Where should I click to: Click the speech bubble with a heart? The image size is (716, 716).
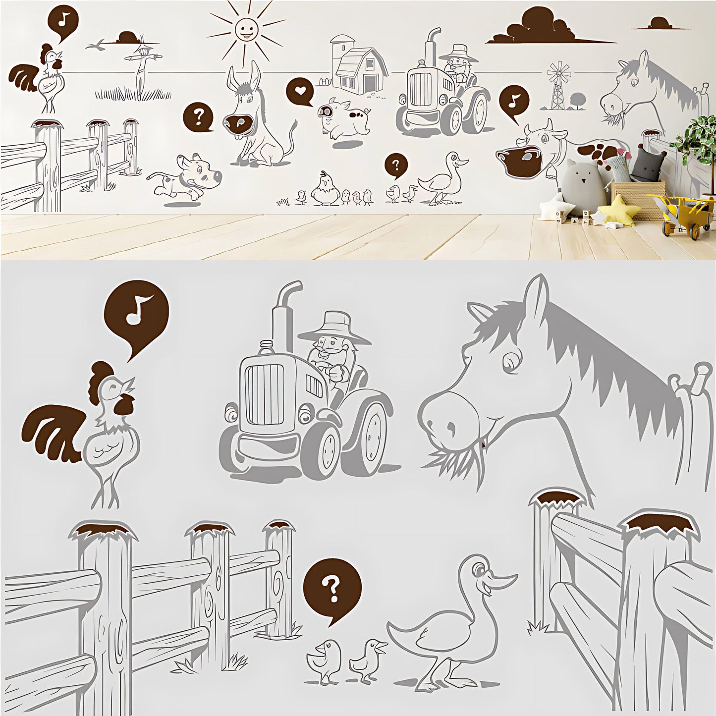300,91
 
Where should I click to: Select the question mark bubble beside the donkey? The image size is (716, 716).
199,116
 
